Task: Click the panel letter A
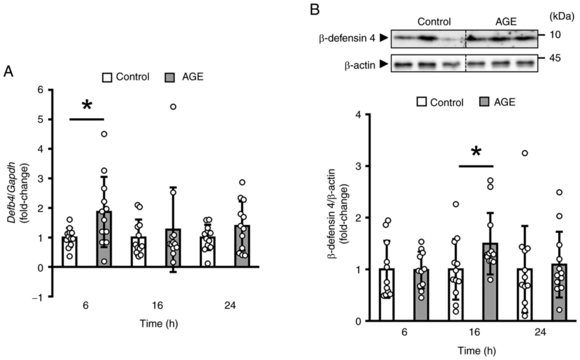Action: tap(8, 72)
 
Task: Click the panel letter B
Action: tap(315, 10)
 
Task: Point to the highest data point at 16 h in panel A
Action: tap(173, 107)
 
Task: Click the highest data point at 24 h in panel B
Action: tap(525, 153)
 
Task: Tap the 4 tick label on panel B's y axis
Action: tap(358, 114)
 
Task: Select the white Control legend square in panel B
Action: tap(422, 102)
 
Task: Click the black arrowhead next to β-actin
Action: tap(384, 64)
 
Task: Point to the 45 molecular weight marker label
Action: tap(555, 58)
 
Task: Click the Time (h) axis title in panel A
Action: tap(159, 323)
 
